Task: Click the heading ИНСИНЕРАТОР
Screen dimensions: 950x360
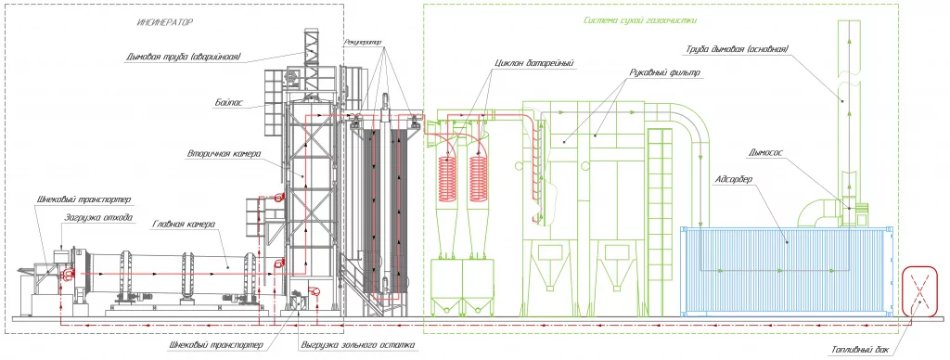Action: click(x=165, y=23)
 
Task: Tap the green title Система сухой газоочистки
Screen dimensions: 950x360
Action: click(x=640, y=20)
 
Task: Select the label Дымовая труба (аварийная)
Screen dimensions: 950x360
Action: click(x=185, y=58)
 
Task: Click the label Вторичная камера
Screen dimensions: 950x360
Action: click(x=224, y=154)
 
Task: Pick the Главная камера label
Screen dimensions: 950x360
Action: click(x=181, y=225)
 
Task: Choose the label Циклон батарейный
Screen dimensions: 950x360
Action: click(x=533, y=62)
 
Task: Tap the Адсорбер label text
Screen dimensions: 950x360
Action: click(x=733, y=179)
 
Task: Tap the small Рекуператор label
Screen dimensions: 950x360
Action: click(x=364, y=43)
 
